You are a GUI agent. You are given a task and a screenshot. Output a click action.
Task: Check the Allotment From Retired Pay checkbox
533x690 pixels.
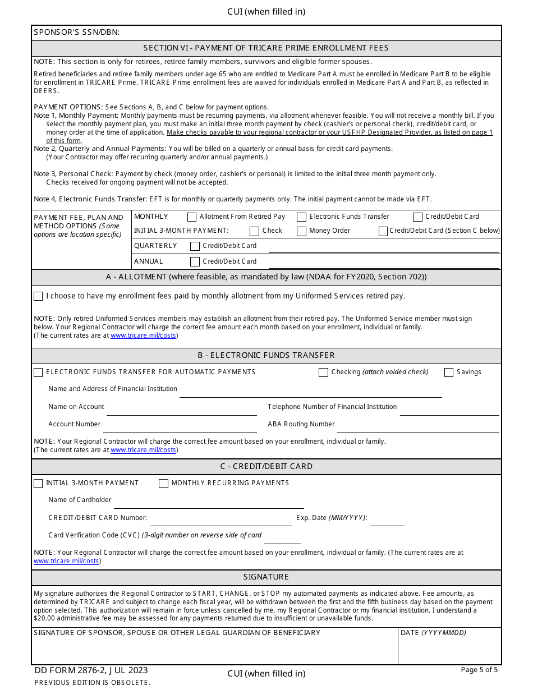click(192, 217)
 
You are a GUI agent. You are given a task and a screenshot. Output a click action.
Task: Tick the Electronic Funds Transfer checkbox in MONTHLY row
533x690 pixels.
click(302, 217)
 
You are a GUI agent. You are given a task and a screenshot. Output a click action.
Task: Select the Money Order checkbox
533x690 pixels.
click(302, 231)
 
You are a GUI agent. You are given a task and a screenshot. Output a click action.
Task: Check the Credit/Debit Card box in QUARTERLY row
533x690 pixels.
click(195, 246)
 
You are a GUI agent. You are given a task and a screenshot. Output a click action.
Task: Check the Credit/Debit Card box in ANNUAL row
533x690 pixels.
click(195, 261)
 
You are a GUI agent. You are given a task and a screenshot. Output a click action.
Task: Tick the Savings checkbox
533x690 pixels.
click(449, 372)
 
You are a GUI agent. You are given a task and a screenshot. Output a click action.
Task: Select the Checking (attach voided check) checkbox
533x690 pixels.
click(323, 372)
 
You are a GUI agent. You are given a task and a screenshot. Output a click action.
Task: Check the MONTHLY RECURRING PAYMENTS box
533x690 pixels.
click(163, 484)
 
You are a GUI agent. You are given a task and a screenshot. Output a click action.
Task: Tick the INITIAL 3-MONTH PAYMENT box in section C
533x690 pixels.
click(38, 484)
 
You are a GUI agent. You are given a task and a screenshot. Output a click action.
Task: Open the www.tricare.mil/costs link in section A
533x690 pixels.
click(143, 336)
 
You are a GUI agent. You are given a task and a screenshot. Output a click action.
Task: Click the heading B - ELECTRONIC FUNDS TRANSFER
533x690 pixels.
click(266, 356)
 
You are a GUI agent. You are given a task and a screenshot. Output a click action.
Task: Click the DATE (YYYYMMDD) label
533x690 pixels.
click(433, 633)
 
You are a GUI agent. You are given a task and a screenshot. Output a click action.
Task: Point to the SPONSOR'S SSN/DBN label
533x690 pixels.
click(77, 33)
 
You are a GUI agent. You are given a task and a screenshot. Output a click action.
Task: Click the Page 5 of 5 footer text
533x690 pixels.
click(479, 670)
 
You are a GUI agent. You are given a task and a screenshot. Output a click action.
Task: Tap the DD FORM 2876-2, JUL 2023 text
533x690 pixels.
click(91, 670)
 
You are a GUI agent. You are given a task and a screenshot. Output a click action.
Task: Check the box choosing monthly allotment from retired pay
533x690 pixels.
click(38, 296)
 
